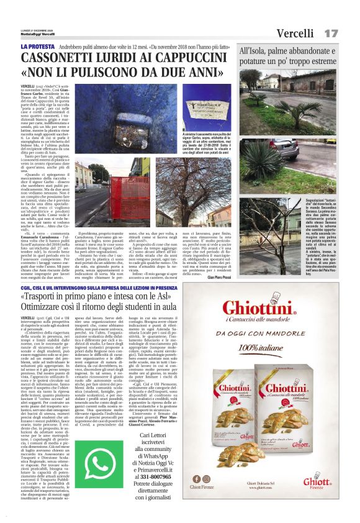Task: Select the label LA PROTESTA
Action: [x=36, y=47]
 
